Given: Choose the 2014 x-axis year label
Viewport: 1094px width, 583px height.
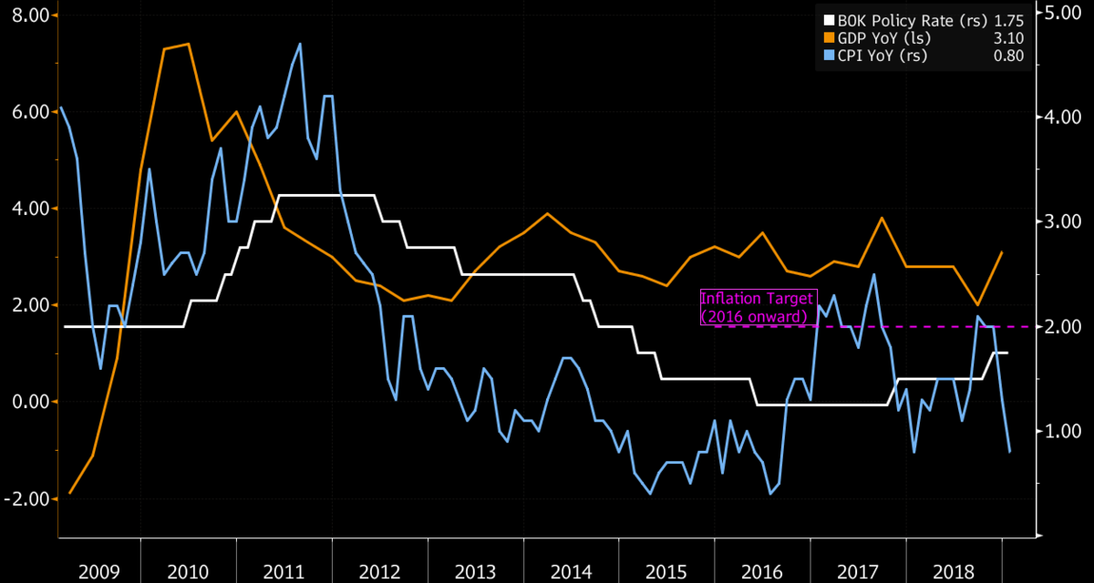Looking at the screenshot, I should (x=571, y=571).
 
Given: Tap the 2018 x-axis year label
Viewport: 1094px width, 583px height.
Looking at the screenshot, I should (x=954, y=571).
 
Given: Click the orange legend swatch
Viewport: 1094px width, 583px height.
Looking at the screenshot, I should (x=828, y=37).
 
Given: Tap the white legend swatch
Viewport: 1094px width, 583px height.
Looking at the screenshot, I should (x=828, y=20).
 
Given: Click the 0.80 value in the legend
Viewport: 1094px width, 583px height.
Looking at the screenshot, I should (x=1009, y=56).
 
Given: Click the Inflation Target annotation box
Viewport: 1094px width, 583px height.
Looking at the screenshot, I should (x=754, y=307).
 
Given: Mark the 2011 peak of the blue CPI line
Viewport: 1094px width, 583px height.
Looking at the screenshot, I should (x=300, y=44).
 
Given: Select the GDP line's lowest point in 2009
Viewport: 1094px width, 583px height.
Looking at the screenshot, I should (x=70, y=493).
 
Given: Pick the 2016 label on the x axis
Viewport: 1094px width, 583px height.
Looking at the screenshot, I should (x=762, y=571).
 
